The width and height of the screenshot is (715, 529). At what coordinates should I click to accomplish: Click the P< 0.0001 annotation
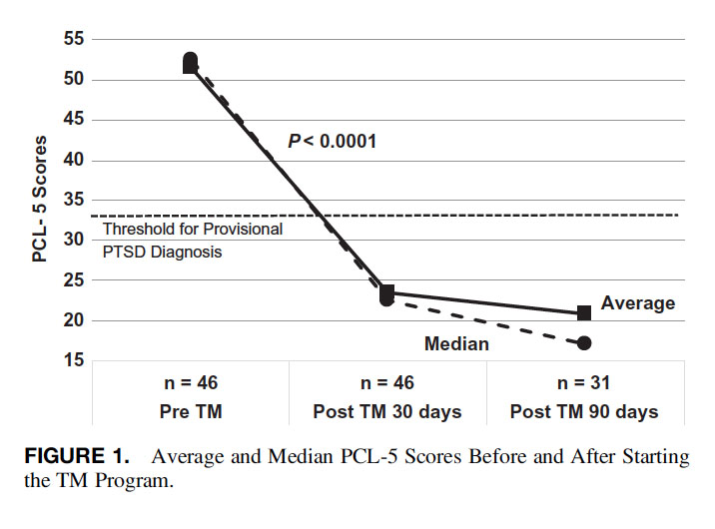332,142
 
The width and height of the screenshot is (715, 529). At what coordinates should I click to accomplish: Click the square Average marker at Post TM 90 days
584,313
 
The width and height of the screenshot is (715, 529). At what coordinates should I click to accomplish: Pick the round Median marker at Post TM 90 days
584,343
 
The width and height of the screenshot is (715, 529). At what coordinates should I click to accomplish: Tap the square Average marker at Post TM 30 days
387,291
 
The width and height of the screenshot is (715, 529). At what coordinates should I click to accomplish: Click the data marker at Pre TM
190,63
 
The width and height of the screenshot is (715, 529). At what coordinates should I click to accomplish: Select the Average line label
638,303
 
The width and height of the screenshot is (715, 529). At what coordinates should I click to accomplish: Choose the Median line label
456,344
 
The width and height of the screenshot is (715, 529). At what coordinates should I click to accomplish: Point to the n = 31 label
584,382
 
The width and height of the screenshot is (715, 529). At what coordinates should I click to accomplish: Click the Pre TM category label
190,410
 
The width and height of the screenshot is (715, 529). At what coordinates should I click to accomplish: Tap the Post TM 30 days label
387,410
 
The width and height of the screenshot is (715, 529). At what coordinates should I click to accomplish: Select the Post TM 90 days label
584,410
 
